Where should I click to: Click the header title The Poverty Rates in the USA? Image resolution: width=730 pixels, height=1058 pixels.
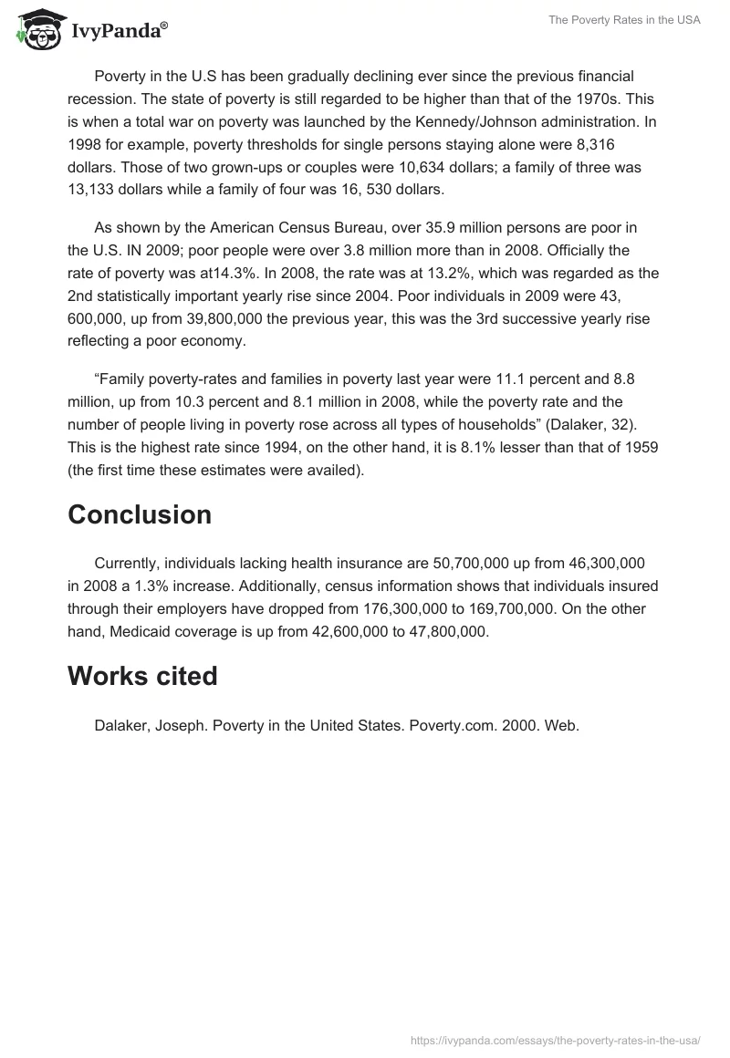click(x=624, y=20)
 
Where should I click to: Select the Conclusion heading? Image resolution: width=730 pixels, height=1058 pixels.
click(x=140, y=514)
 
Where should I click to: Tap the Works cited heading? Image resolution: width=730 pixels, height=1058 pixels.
click(x=142, y=676)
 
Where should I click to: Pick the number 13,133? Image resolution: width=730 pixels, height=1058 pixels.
click(x=96, y=190)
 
